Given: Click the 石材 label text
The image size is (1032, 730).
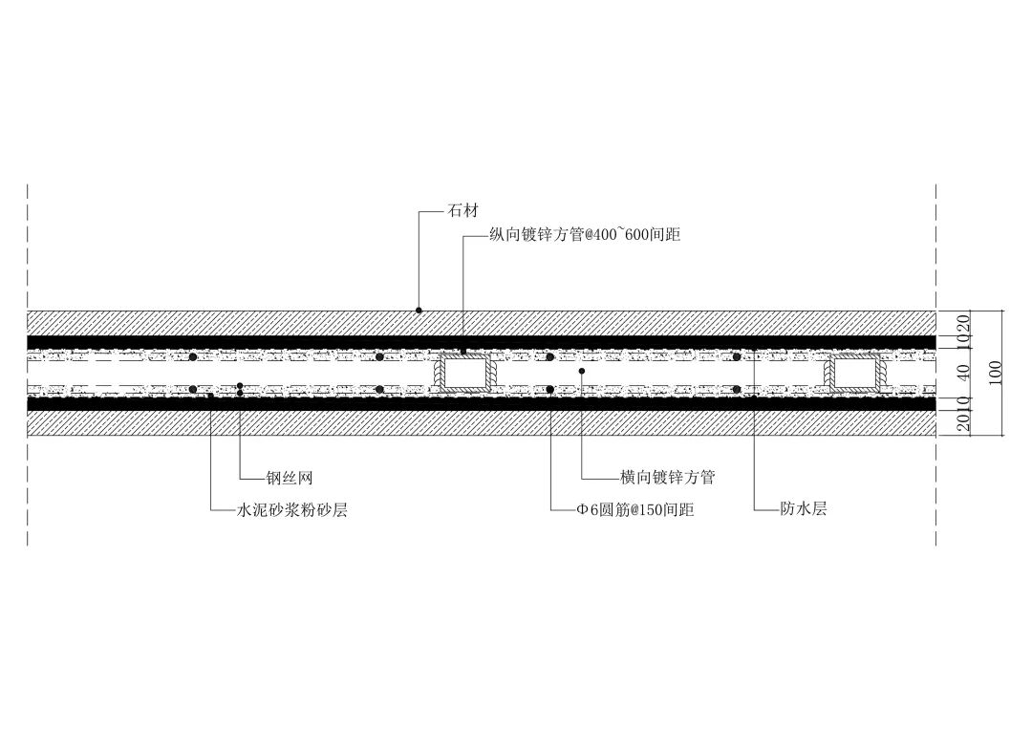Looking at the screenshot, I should (462, 211).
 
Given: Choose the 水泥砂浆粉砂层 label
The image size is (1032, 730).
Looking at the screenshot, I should (291, 510).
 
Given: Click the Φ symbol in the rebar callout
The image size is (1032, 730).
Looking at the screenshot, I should (582, 510).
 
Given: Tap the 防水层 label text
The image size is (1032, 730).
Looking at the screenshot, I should (804, 509).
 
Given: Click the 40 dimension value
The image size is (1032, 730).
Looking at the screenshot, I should (963, 373).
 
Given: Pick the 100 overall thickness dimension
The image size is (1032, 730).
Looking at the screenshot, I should (996, 373).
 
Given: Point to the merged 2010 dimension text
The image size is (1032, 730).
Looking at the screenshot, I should (963, 418).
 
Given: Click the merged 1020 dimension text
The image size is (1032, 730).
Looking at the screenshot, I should (963, 329).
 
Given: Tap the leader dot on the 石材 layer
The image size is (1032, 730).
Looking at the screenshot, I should (419, 311).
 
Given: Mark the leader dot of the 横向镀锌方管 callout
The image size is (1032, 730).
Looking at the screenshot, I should (582, 370).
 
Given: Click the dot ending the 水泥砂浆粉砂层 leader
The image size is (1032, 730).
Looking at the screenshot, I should (210, 394).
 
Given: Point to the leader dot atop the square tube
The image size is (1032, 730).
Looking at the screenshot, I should (463, 352).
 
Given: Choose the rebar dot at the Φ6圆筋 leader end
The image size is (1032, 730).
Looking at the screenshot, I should (550, 389).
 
